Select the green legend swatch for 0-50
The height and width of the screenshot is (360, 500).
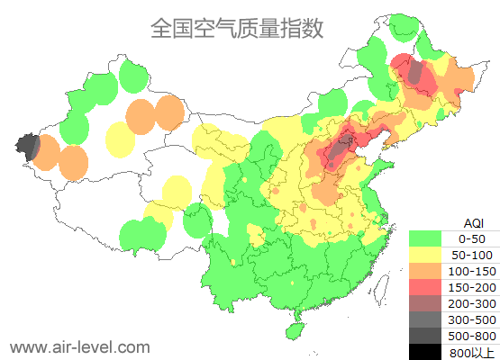[x=430, y=238]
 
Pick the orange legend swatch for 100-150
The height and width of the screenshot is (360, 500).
[x=430, y=271]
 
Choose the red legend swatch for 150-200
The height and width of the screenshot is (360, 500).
[x=430, y=287]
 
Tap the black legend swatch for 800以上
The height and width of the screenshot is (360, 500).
[x=430, y=351]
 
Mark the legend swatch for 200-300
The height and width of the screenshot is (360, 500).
[x=430, y=303]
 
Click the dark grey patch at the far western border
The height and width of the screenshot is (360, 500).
[x=28, y=146]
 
